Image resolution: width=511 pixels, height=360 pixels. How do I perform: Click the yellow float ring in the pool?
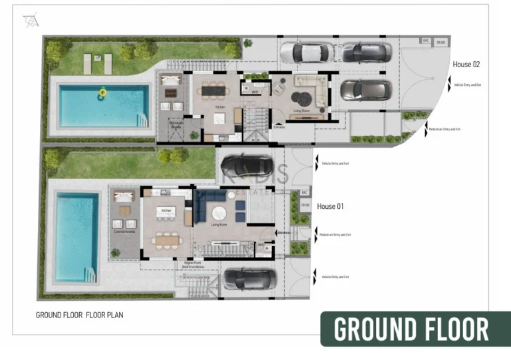click(102, 92)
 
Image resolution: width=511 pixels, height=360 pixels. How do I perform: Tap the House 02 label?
click(466, 65)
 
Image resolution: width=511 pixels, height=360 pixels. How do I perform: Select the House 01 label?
click(330, 206)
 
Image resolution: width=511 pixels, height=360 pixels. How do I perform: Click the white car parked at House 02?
click(306, 52)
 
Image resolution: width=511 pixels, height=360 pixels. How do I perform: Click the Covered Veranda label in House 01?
click(124, 232)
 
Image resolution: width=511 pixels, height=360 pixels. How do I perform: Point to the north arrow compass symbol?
click(31, 21)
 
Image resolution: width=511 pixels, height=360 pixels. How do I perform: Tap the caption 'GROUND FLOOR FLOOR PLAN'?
click(79, 315)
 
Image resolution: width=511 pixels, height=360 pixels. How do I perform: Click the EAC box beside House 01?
click(304, 192)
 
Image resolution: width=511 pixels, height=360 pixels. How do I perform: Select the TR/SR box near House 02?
click(440, 42)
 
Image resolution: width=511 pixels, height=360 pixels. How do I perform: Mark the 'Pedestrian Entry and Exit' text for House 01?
click(335, 235)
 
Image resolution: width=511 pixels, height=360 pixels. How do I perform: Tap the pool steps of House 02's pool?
click(141, 120)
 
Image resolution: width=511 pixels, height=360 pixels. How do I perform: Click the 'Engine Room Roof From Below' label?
click(194, 265)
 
